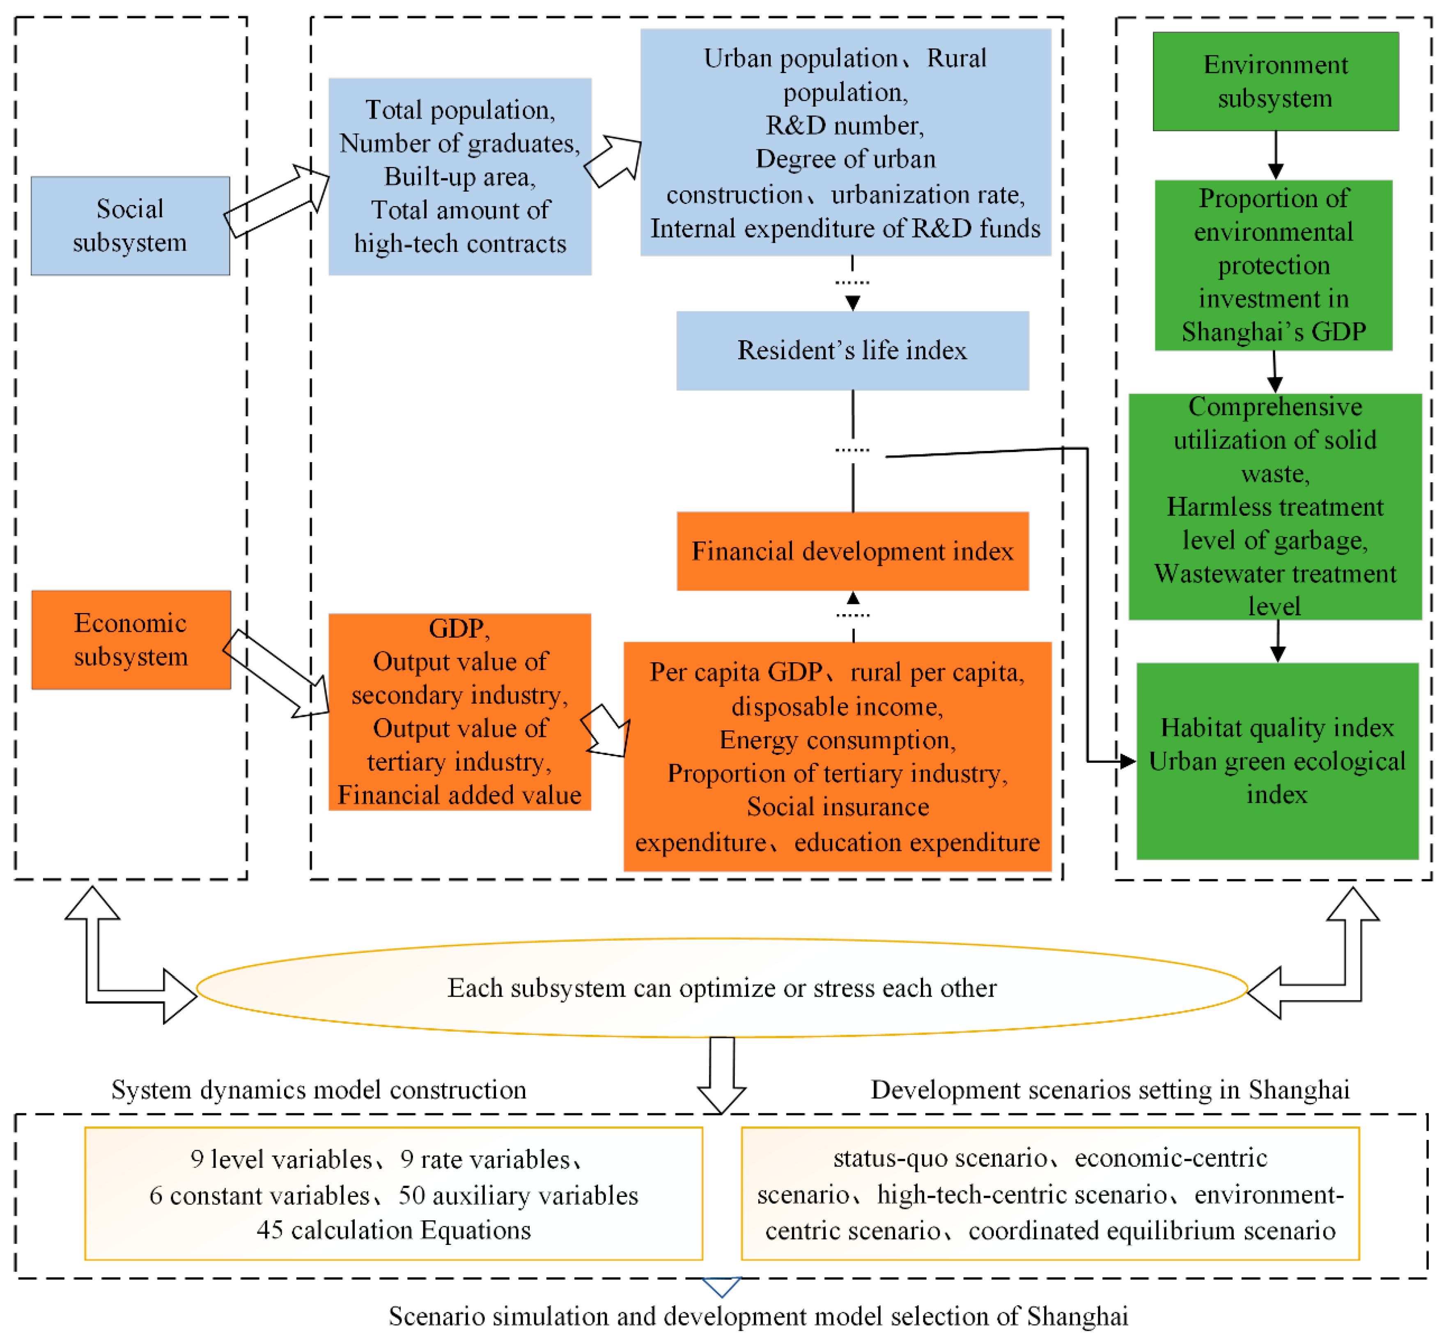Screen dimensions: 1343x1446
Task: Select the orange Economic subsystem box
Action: [131, 640]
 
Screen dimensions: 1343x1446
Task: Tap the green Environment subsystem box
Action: [1275, 81]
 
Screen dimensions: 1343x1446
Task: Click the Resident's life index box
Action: [852, 351]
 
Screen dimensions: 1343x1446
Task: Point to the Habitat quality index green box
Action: [1276, 761]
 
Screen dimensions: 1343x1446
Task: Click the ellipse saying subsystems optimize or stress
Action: [721, 988]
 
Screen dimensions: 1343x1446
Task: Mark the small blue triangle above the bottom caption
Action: [721, 1286]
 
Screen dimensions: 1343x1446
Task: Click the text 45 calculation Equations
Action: [393, 1230]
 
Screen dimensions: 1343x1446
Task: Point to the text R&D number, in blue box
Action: [844, 126]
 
